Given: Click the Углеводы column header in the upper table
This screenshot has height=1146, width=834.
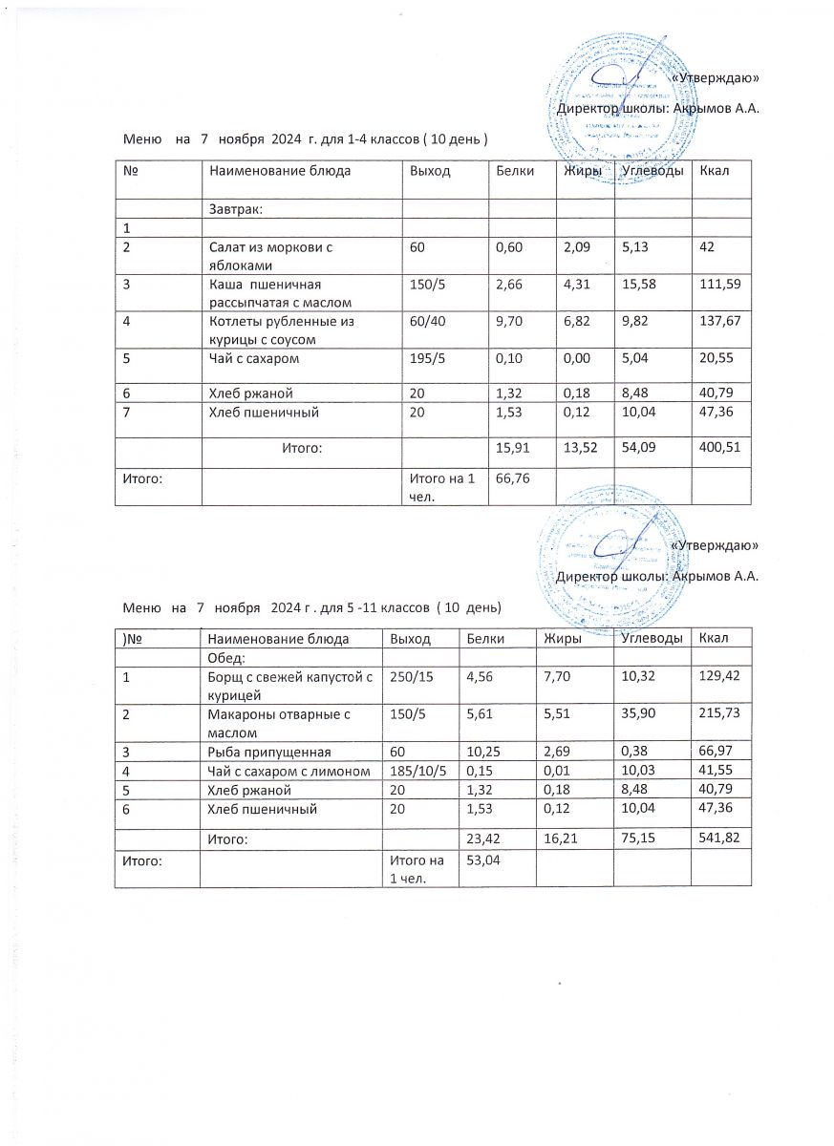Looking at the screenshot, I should [x=652, y=171].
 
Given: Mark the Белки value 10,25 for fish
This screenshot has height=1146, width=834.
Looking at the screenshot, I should [x=482, y=753].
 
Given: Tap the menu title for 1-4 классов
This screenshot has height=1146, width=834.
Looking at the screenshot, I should [x=306, y=139].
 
